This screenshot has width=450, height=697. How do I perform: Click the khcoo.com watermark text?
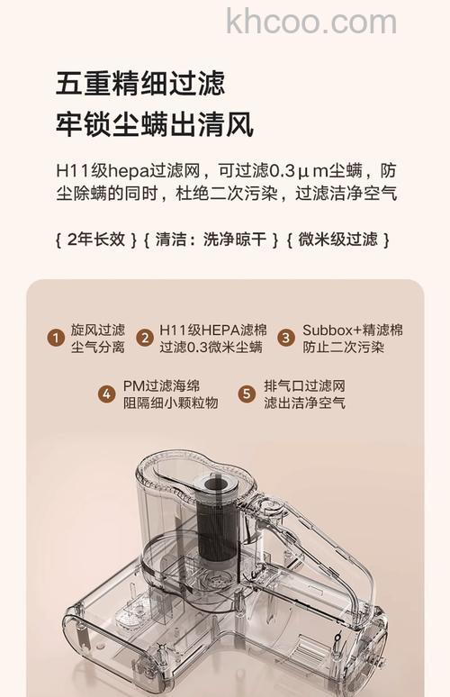pos(311,22)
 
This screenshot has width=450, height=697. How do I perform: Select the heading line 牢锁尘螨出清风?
pos(154,123)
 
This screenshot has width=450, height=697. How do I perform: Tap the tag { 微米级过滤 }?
pos(337,240)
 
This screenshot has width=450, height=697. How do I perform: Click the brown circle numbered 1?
pos(56,339)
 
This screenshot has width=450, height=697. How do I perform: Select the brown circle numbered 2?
pos(144,339)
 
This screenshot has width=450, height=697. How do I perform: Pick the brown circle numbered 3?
pos(286,339)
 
